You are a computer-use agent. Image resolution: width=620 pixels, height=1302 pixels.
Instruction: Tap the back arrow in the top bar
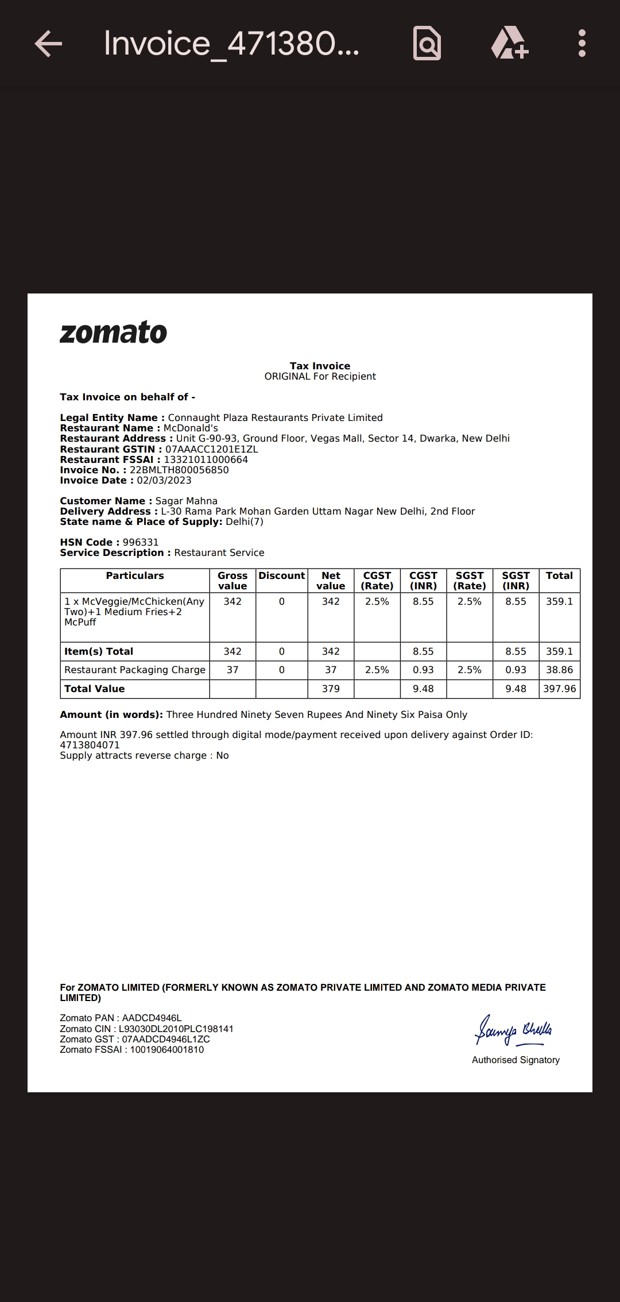(48, 44)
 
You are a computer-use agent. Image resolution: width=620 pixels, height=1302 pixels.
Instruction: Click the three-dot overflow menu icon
(582, 44)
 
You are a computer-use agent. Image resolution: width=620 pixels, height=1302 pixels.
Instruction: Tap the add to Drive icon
(510, 44)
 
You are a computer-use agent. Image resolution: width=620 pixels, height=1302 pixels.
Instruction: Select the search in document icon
(427, 44)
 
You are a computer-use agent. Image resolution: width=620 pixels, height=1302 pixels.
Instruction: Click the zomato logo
(113, 333)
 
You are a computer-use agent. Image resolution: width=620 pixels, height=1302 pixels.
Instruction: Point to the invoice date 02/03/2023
(164, 481)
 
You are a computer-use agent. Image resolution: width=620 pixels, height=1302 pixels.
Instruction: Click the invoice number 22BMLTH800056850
(179, 470)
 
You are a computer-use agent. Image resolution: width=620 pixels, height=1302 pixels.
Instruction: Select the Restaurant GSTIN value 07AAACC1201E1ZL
(211, 449)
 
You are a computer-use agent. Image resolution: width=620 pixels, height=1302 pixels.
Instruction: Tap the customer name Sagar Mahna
(187, 501)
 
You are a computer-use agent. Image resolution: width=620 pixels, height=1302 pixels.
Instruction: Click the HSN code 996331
(141, 543)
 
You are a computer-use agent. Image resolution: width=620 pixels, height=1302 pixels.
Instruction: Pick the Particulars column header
(135, 576)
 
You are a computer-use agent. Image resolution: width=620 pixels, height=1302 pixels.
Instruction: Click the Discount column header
(282, 576)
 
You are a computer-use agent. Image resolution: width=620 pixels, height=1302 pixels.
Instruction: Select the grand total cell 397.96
(560, 689)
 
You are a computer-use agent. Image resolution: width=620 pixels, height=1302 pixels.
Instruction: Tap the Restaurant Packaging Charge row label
(135, 670)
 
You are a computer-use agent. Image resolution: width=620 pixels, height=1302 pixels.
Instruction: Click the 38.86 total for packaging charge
(560, 670)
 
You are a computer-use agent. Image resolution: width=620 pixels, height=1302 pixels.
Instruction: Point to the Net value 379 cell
(331, 689)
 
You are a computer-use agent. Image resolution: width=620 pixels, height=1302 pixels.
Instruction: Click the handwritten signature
(513, 1030)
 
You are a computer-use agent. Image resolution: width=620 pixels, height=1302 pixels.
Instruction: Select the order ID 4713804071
(90, 745)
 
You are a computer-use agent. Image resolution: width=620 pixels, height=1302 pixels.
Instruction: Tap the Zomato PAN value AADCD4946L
(152, 1018)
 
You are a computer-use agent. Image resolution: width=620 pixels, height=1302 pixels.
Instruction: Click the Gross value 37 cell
(232, 670)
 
